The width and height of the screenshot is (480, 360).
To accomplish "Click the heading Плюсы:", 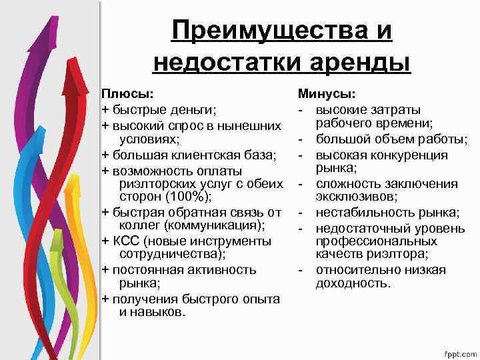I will (x=126, y=94).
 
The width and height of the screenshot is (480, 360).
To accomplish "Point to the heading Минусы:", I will (x=326, y=94).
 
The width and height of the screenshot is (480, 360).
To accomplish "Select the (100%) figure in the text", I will (x=185, y=196).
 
